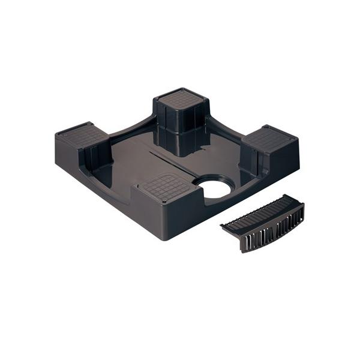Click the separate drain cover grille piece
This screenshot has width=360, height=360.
(x=264, y=221)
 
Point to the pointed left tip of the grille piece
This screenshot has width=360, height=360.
(x=223, y=226)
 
